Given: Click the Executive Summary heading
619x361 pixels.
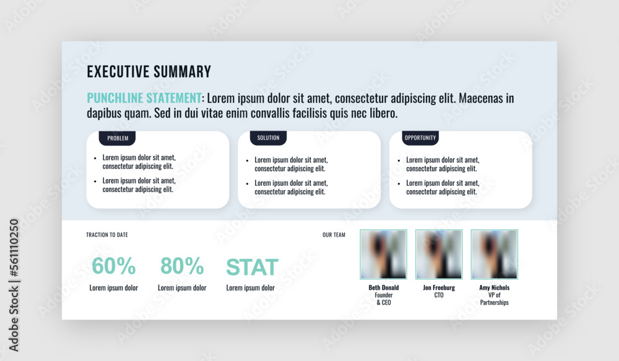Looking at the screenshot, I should [149, 72].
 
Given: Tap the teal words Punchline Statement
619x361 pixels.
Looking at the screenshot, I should [144, 98].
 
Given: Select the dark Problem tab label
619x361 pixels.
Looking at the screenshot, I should [118, 138].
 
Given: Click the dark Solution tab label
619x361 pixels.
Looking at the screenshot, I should [268, 138].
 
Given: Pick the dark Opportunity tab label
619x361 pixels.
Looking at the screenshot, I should [420, 138].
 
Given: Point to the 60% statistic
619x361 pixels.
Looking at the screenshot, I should [114, 266].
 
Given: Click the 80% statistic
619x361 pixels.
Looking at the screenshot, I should [182, 266].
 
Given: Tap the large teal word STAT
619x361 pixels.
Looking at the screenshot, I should [252, 267].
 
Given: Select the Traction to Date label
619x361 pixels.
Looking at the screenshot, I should [107, 235].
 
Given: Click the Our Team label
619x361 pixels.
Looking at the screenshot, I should [334, 235].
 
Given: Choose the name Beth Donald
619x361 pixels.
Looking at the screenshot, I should [384, 288].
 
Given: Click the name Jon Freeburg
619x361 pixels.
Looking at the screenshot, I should [439, 288].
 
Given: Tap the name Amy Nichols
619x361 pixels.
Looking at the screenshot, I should [494, 288].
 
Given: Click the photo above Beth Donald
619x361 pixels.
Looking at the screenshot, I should [384, 254].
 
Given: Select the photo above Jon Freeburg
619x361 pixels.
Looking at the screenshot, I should [439, 254].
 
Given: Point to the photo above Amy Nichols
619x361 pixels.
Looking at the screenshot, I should [494, 254].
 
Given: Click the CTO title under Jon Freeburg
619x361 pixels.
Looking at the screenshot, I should [439, 295].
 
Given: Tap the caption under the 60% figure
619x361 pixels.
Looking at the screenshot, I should [114, 288].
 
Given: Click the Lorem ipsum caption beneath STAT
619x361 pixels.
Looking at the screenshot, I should [251, 288].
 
